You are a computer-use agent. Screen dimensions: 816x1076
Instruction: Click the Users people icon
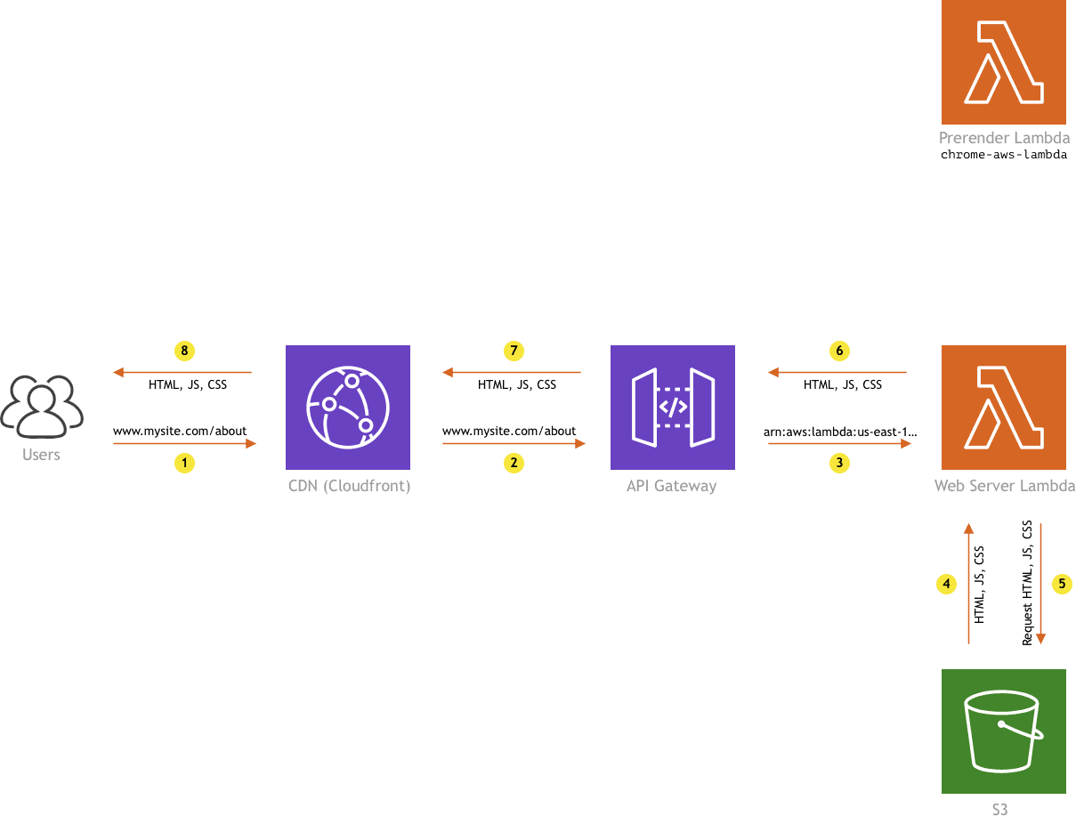tap(42, 406)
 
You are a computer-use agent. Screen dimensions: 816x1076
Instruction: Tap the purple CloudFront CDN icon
tap(348, 407)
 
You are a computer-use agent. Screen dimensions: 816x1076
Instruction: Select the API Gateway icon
tap(672, 407)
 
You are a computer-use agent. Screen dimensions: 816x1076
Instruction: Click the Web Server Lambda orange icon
tap(1003, 407)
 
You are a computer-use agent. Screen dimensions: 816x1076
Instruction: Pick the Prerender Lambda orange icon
tap(1003, 62)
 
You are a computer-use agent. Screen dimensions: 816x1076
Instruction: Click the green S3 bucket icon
tap(1003, 731)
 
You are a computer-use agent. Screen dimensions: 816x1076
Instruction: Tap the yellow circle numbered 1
tap(184, 463)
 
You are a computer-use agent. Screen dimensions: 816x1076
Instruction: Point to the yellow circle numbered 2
tap(514, 463)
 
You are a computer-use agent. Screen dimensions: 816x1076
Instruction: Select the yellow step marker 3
tap(839, 463)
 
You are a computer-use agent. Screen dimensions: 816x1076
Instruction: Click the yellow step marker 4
tap(946, 584)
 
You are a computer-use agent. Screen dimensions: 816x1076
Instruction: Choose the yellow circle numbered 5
tap(1062, 584)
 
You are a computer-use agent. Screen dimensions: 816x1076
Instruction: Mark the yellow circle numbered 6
tap(839, 351)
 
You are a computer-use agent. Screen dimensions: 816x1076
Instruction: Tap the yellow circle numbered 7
tap(514, 351)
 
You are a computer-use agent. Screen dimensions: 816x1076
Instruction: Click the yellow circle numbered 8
tap(184, 351)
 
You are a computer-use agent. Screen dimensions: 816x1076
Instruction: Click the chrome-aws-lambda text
tap(1003, 155)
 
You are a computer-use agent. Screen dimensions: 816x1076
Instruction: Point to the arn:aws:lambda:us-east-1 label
tap(840, 432)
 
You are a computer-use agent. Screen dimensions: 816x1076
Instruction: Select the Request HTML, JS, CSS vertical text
tap(1027, 583)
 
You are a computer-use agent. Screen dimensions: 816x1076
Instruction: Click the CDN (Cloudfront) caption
tap(349, 486)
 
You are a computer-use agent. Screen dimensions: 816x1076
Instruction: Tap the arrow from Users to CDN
tap(184, 442)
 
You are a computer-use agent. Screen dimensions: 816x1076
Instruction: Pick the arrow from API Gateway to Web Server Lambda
tap(839, 442)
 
